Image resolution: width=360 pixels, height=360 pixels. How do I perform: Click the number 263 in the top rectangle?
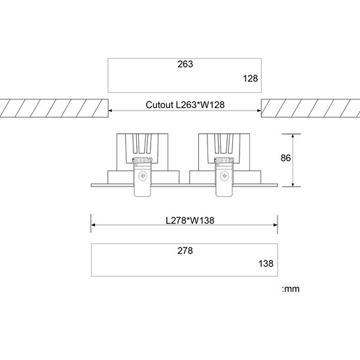click(185, 65)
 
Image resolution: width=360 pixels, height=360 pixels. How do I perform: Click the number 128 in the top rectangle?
click(251, 79)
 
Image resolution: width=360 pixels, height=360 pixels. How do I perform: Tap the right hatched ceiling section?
click(310, 109)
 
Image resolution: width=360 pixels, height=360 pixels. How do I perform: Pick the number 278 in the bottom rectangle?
click(185, 250)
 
